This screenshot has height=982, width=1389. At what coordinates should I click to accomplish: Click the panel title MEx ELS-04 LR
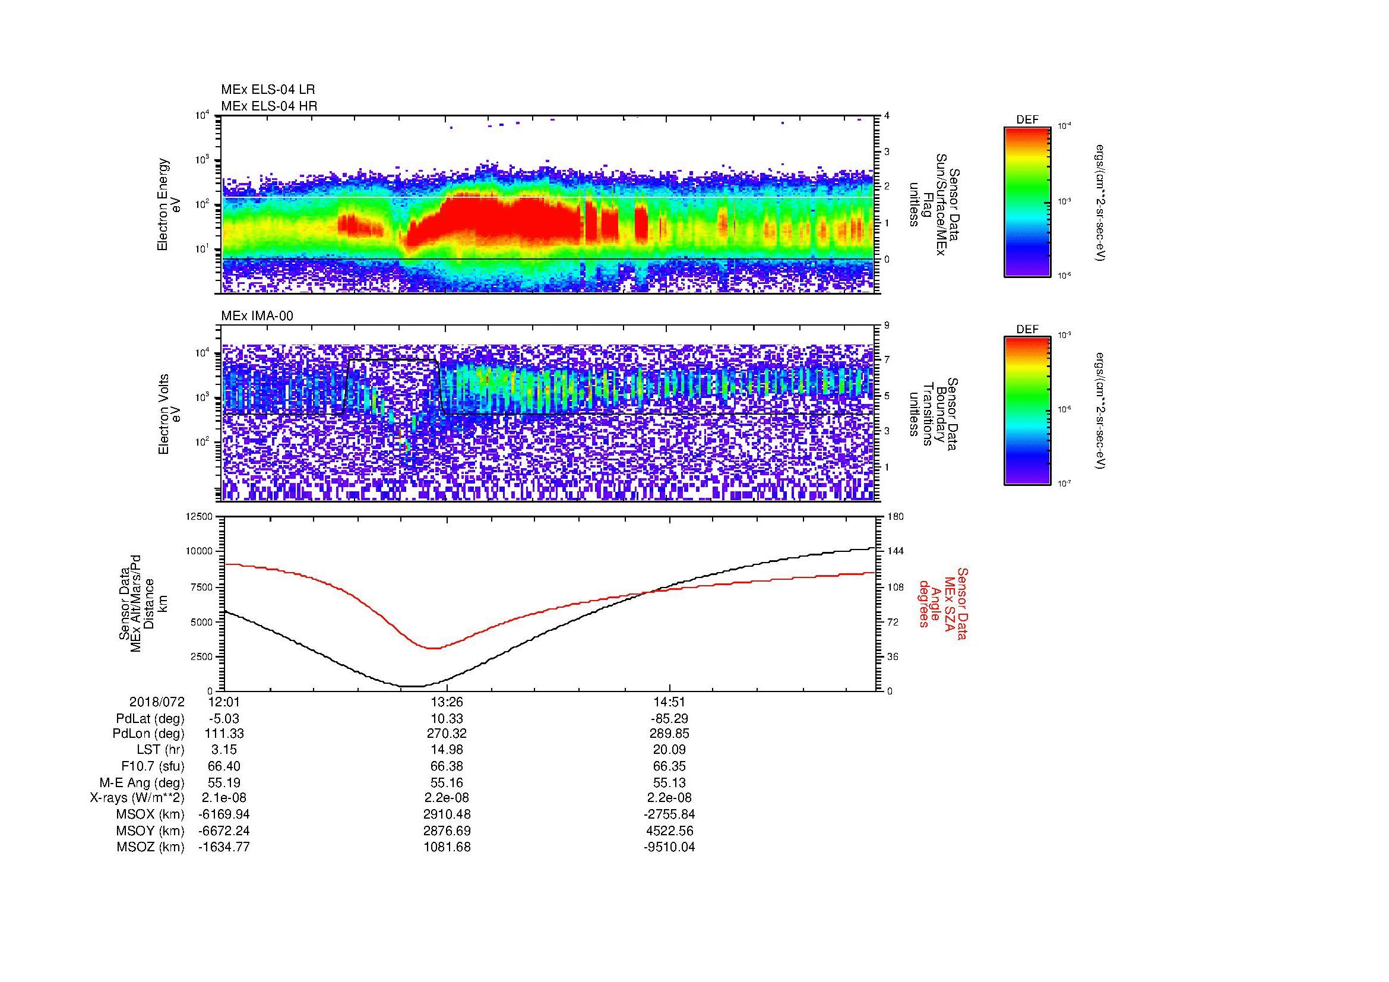tap(267, 90)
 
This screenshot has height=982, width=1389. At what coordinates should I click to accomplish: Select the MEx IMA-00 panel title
tap(257, 316)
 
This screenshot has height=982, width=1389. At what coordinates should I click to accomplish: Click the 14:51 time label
tap(670, 702)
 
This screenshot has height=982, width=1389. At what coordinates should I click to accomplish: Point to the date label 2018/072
tap(157, 702)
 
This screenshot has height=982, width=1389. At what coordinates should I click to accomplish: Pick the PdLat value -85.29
tap(670, 719)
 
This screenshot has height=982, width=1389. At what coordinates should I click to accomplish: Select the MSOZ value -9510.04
tap(670, 847)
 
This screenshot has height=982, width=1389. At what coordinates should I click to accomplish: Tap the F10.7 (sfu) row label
tap(153, 766)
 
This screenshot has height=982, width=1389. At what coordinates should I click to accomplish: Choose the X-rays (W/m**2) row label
tap(137, 798)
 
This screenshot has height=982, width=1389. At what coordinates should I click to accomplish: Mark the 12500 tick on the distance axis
tap(200, 516)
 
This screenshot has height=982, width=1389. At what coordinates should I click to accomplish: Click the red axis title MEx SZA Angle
tap(941, 603)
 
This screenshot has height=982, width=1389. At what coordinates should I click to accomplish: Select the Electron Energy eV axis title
tap(169, 204)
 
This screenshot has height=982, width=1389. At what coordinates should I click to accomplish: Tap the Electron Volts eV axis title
tap(169, 414)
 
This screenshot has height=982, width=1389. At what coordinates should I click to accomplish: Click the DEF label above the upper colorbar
tap(1027, 120)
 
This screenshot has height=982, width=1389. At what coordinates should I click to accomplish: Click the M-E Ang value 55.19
tap(224, 782)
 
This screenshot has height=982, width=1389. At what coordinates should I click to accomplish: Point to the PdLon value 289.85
tap(670, 734)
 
